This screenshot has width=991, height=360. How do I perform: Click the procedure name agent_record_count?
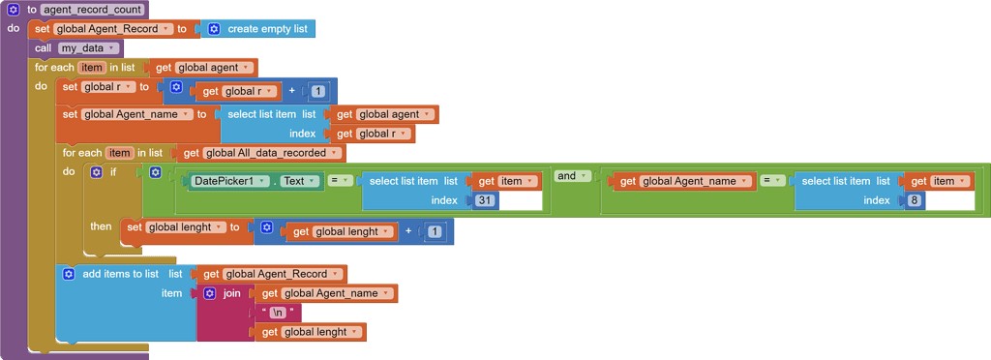point(93,10)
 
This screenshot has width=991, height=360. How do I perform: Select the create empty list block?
point(266,29)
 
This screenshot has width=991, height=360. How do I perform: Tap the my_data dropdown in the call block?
point(88,48)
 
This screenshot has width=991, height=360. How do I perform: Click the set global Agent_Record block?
point(44,29)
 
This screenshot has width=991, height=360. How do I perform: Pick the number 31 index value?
point(485,200)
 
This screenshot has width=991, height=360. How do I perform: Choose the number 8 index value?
point(915,200)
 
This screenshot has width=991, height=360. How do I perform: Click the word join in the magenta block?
point(232,293)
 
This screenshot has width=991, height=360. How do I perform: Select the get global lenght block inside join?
point(309,332)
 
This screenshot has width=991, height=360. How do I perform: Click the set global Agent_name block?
point(71,114)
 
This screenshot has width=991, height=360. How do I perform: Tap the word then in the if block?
point(101,226)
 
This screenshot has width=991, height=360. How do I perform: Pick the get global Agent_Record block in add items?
point(274,274)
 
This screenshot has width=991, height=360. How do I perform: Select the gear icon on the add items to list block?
point(69,274)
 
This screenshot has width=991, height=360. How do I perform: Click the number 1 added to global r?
point(319,92)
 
